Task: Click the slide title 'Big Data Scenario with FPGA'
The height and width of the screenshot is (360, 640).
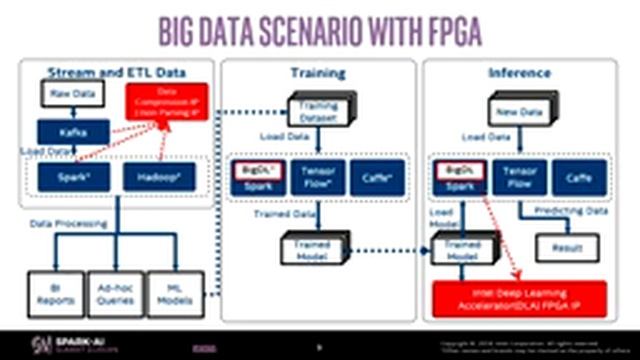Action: point(320,31)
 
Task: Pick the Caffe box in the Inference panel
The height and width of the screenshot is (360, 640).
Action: point(572,177)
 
